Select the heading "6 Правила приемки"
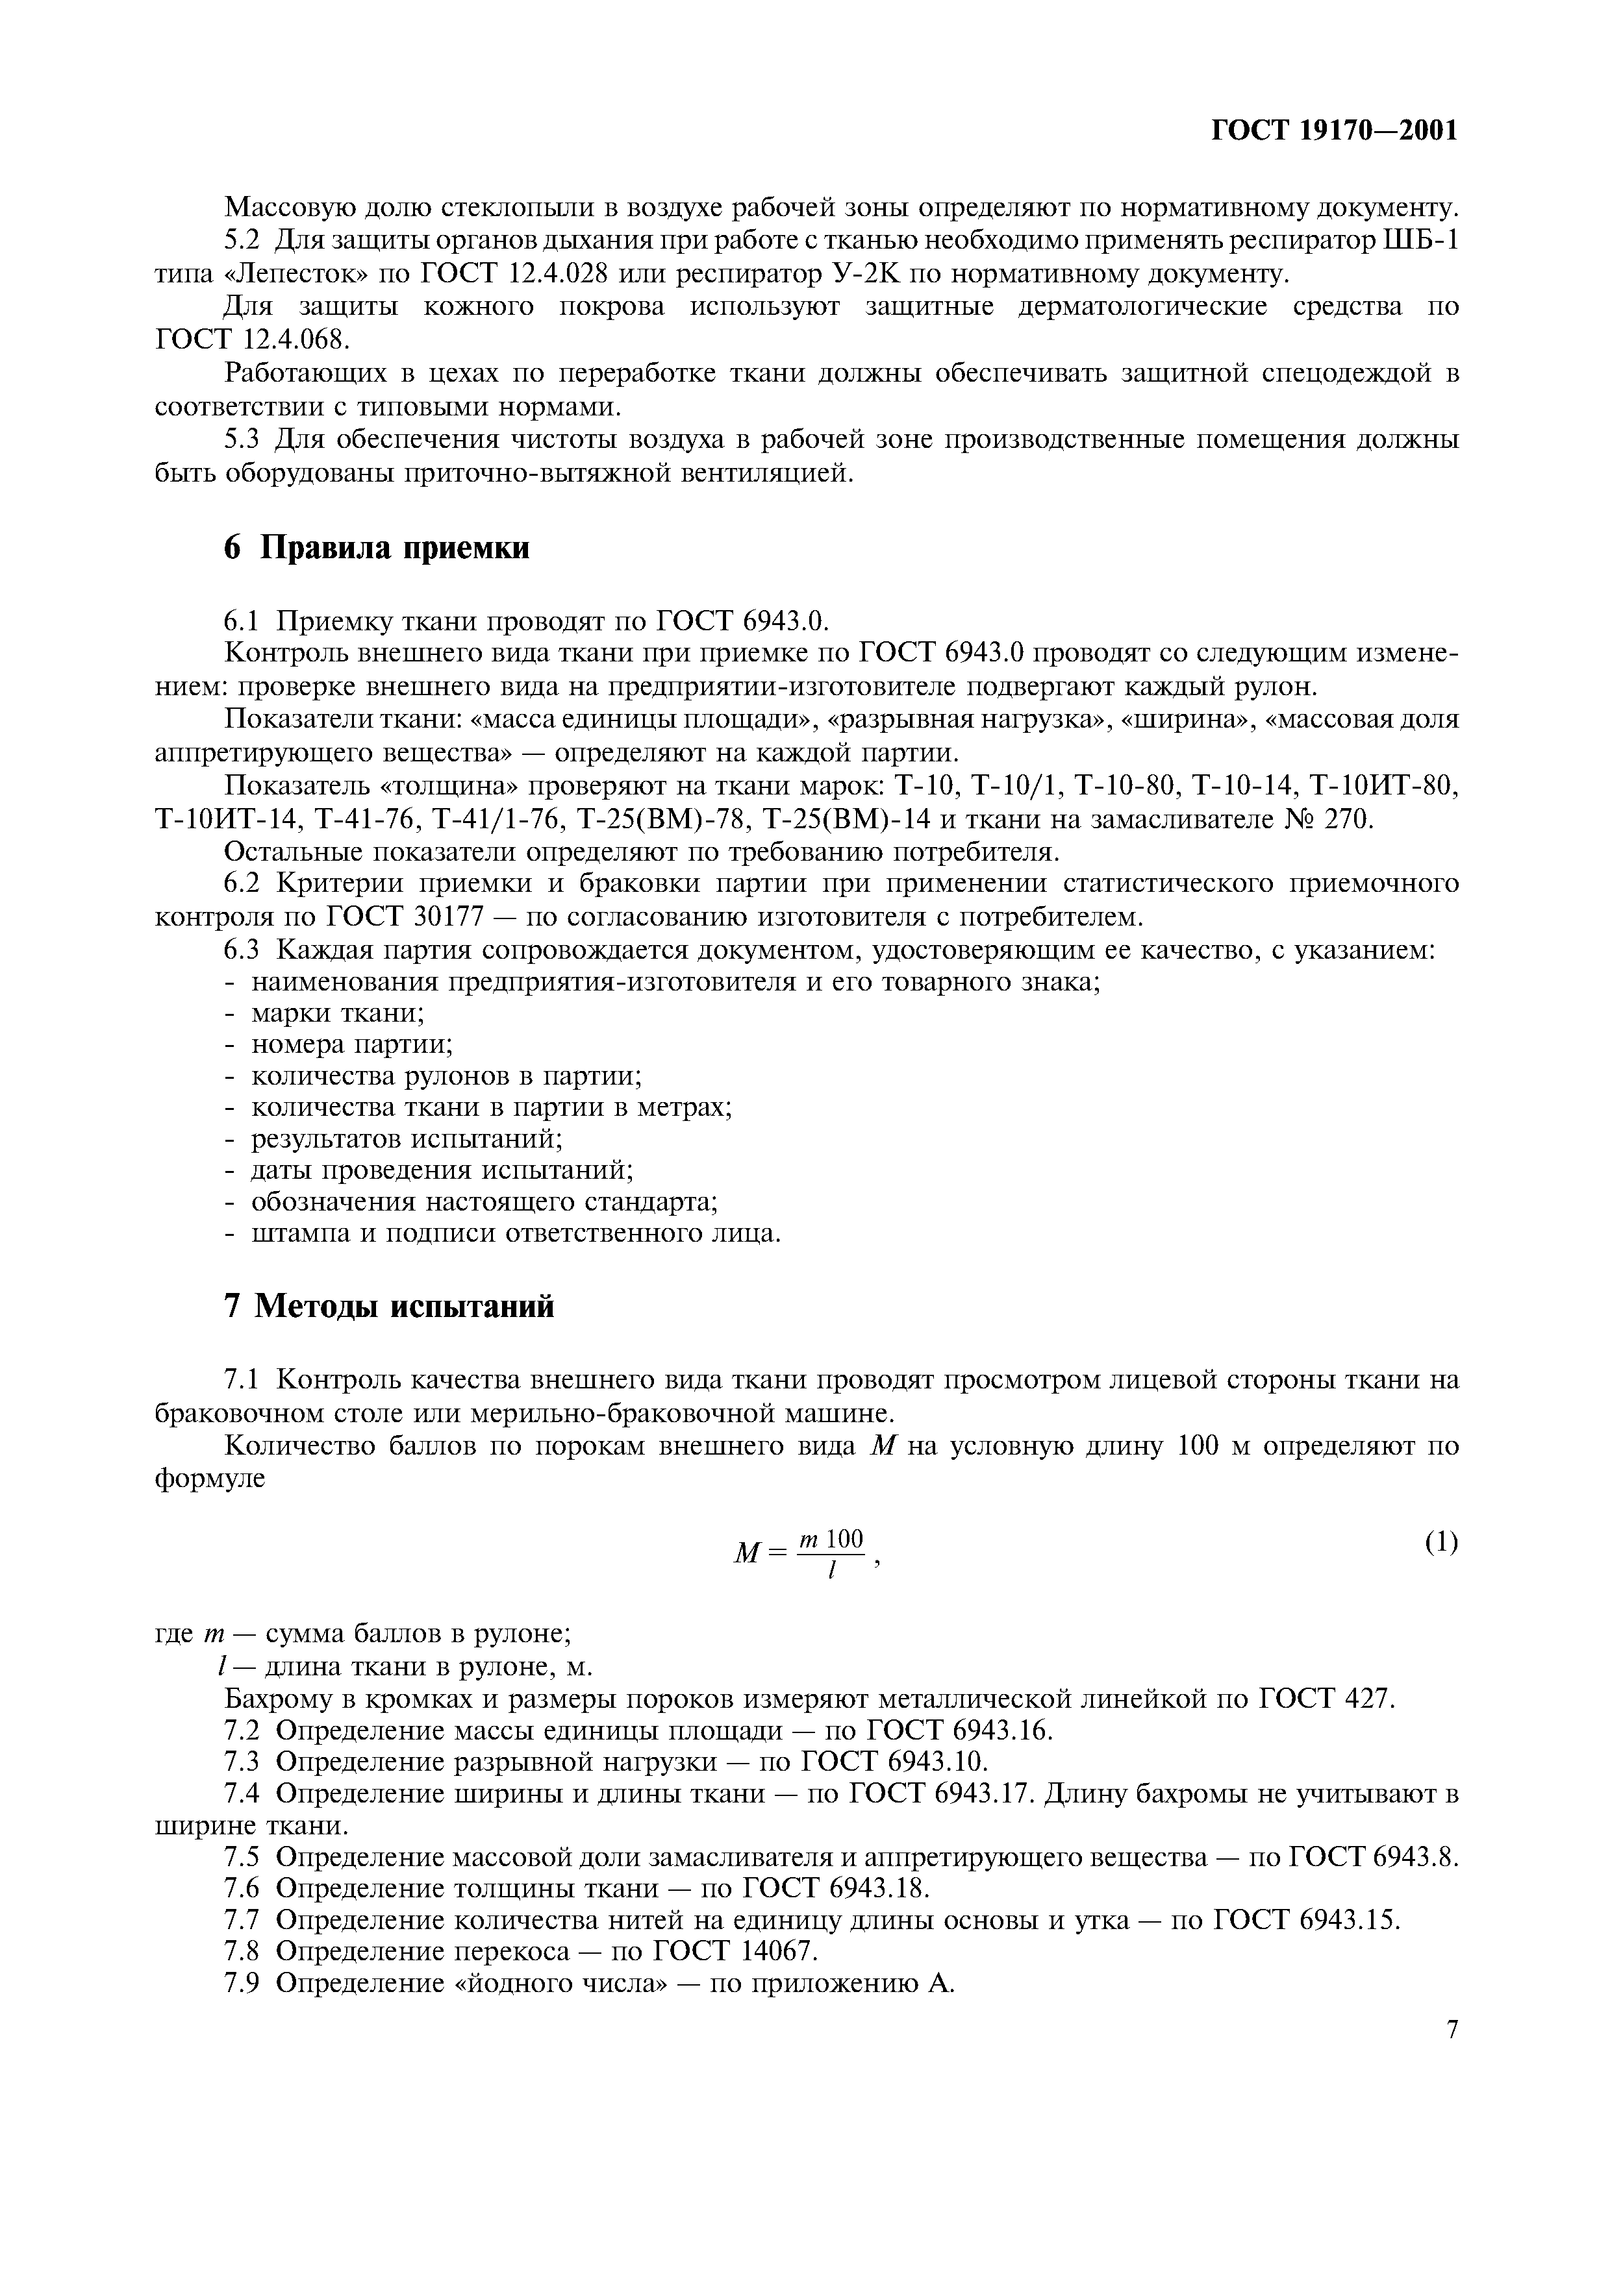(377, 547)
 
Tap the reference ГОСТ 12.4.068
(253, 339)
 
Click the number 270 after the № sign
(1344, 819)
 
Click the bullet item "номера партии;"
(351, 1044)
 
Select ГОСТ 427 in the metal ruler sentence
(1326, 1698)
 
